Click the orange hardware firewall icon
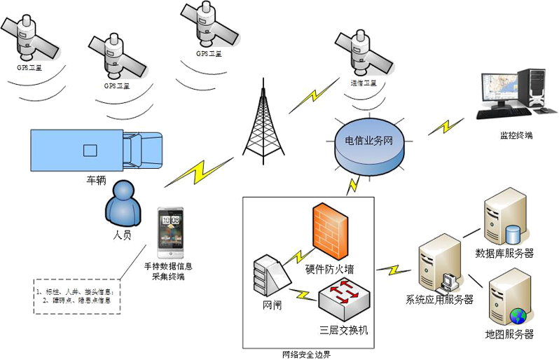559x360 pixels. tap(330, 227)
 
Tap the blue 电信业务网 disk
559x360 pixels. tap(368, 143)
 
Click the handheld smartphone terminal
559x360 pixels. tap(170, 233)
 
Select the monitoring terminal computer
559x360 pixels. tap(511, 94)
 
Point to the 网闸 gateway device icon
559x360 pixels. tap(271, 276)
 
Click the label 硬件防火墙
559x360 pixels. tap(330, 269)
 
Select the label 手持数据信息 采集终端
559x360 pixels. tap(168, 271)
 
